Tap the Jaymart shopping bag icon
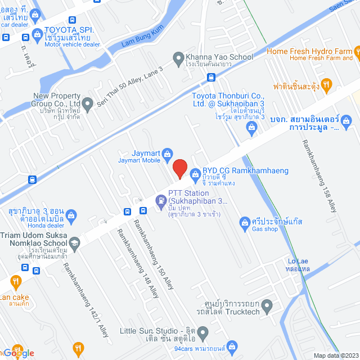coord(167,153)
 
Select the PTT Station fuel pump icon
coord(161,200)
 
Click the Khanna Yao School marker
coord(178,57)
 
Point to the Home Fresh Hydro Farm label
coord(309,51)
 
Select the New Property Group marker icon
coord(88,103)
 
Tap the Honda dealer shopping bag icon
coord(71,214)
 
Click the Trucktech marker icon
coord(267,307)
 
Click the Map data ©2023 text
coord(335,355)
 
